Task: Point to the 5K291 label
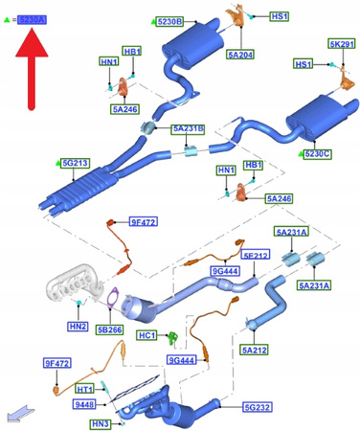(x=342, y=44)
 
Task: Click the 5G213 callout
(x=75, y=164)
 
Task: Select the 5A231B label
(x=188, y=128)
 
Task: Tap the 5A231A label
(x=313, y=285)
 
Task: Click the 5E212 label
(x=256, y=256)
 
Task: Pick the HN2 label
(x=79, y=326)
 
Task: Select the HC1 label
(x=146, y=336)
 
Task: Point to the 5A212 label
(x=255, y=352)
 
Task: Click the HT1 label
(x=85, y=389)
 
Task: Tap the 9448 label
(x=85, y=405)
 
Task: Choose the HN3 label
(x=99, y=422)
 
